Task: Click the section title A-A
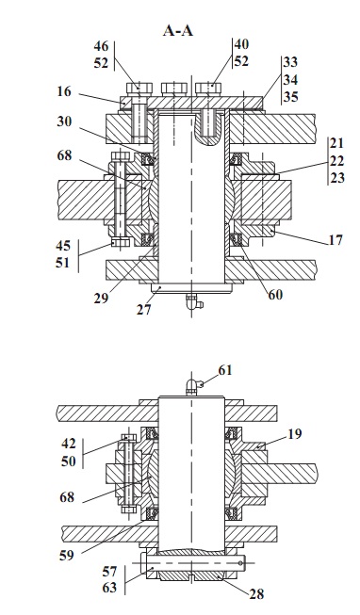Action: point(178,30)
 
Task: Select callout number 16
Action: point(63,91)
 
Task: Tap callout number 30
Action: point(64,121)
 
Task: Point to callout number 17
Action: point(335,239)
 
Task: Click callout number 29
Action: point(101,299)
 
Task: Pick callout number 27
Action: point(143,310)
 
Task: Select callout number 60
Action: point(275,294)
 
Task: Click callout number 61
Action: point(225,370)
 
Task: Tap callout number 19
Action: point(295,434)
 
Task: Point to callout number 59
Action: point(66,555)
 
